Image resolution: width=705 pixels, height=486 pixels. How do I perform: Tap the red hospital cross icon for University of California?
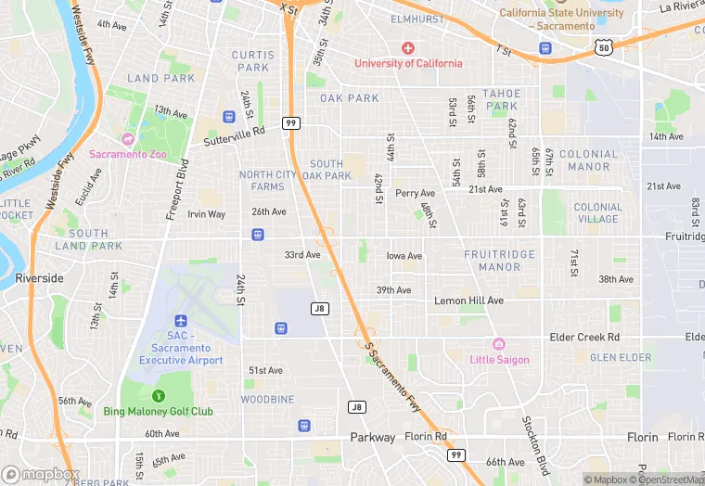[407, 47]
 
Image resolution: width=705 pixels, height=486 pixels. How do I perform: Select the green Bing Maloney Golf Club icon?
[158, 396]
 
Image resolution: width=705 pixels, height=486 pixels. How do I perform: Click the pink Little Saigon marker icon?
[499, 344]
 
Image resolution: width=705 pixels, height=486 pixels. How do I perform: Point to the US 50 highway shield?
[604, 46]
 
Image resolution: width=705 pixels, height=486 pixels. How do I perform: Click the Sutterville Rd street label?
[234, 136]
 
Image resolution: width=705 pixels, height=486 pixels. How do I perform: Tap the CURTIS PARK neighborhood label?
[253, 61]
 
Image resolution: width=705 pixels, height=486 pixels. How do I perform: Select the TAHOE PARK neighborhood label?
[501, 99]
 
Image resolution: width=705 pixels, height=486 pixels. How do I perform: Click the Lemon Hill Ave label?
[468, 301]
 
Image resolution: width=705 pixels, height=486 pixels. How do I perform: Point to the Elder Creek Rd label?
[583, 338]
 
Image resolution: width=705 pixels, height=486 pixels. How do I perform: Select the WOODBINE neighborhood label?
[267, 400]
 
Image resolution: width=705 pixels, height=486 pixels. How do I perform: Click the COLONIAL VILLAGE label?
[597, 213]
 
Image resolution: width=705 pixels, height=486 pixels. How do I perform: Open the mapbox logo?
[40, 474]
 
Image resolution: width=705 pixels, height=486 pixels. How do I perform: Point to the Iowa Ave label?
[404, 256]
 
